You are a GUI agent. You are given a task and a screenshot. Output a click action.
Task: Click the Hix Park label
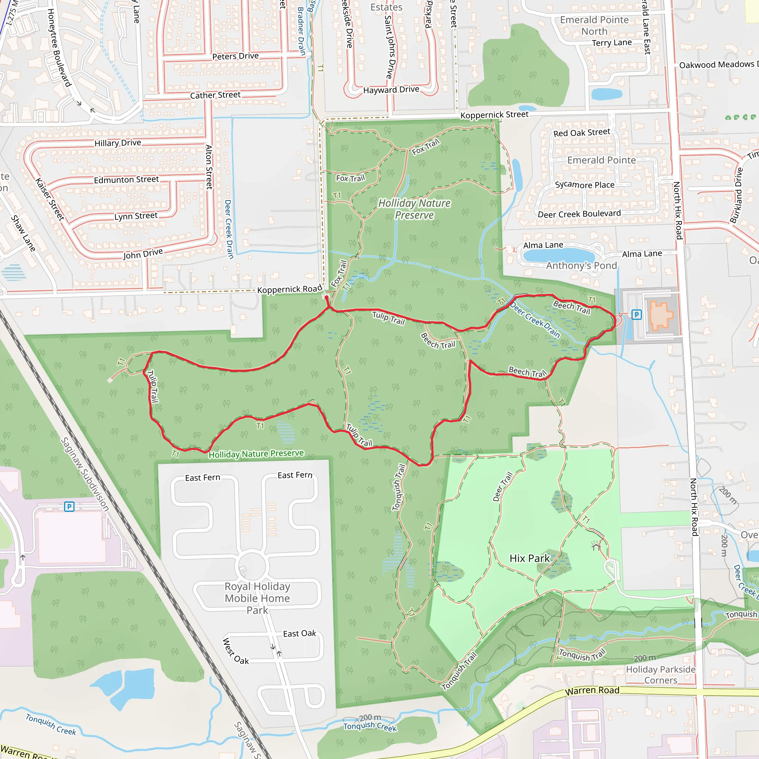tap(529, 558)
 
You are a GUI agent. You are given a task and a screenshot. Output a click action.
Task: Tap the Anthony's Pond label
tap(581, 266)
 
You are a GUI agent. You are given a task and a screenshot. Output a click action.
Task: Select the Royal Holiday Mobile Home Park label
tap(257, 598)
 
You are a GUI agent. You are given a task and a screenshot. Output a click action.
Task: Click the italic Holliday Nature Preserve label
tap(414, 209)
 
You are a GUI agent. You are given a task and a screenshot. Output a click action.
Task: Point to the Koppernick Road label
tap(289, 289)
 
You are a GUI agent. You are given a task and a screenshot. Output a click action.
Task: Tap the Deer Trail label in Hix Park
tap(503, 487)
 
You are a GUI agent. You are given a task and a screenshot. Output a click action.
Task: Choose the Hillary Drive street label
tap(117, 143)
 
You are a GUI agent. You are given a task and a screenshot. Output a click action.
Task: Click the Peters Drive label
tap(235, 56)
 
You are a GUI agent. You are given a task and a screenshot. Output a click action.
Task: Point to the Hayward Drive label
tap(391, 90)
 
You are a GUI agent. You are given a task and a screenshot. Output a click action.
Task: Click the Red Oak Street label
tap(581, 133)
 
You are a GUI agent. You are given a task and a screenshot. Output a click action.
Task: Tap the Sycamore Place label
tap(584, 185)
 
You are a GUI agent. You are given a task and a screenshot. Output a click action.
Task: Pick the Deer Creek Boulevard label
tap(579, 214)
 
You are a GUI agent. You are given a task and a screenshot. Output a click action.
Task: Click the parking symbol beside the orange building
tap(636, 314)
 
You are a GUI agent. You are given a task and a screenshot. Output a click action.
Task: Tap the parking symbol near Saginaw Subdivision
tap(69, 506)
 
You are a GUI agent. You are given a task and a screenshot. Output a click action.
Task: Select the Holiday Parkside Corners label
tap(661, 675)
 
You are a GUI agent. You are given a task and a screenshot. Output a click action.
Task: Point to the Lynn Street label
tap(136, 216)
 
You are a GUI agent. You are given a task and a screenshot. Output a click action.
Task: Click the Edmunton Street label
tap(126, 179)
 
